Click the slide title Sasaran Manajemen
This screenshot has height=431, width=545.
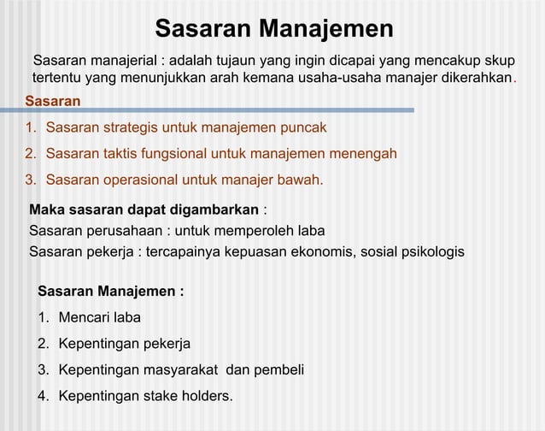click(273, 28)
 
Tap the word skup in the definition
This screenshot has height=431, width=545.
click(500, 61)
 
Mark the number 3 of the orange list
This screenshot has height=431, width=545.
click(29, 180)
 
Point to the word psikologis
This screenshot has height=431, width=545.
click(431, 252)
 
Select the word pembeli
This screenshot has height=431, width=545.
click(278, 370)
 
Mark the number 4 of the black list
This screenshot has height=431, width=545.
click(42, 397)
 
